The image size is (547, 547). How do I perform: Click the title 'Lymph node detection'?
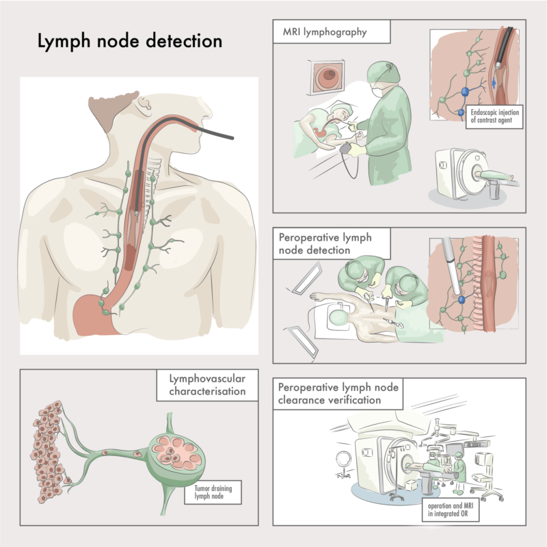[129, 41]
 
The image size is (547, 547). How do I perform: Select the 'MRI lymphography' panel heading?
[325, 32]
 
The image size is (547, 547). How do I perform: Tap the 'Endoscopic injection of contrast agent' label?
[494, 116]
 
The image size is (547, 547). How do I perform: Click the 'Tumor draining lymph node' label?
[213, 492]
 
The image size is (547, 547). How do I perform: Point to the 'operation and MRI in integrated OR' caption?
[451, 509]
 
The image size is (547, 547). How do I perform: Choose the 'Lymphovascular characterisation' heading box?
[207, 385]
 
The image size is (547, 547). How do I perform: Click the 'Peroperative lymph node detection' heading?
[325, 243]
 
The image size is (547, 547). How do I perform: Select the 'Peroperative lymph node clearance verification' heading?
[338, 394]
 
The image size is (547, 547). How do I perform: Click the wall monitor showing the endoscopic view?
[326, 77]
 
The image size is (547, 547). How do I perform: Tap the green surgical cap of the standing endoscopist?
[384, 72]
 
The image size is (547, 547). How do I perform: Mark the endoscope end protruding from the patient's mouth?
[232, 137]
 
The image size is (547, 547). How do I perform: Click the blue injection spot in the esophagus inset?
[494, 83]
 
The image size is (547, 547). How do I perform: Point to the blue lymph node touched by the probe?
[462, 299]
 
